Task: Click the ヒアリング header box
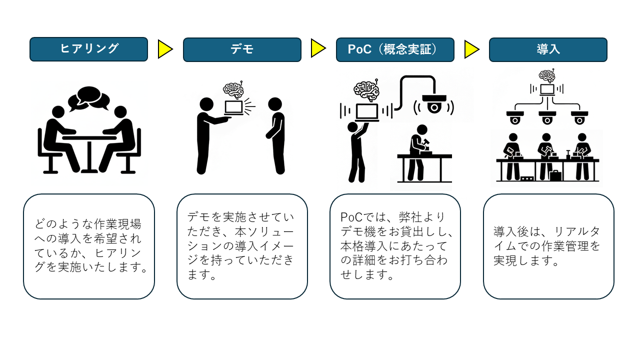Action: pyautogui.click(x=88, y=49)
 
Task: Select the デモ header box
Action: pyautogui.click(x=242, y=49)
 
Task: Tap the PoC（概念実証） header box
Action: pyautogui.click(x=395, y=49)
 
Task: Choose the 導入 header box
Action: pyautogui.click(x=548, y=49)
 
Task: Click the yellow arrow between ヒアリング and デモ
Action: pyautogui.click(x=165, y=49)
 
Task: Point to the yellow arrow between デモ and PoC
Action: pyautogui.click(x=318, y=48)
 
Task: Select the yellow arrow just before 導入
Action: pyautogui.click(x=471, y=49)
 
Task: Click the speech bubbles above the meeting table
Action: pyautogui.click(x=89, y=98)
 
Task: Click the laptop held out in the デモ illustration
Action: pyautogui.click(x=233, y=107)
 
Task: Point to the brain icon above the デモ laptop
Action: pyautogui.click(x=233, y=89)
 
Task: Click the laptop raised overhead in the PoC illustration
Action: pyautogui.click(x=366, y=112)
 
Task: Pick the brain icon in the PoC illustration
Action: pyautogui.click(x=366, y=90)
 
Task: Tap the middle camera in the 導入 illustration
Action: pyautogui.click(x=547, y=118)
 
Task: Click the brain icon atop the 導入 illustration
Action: pyautogui.click(x=547, y=76)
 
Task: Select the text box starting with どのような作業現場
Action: pyautogui.click(x=89, y=246)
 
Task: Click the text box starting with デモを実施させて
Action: pyautogui.click(x=242, y=246)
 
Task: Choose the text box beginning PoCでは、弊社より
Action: pyautogui.click(x=395, y=246)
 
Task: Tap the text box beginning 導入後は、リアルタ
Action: pyautogui.click(x=548, y=246)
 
